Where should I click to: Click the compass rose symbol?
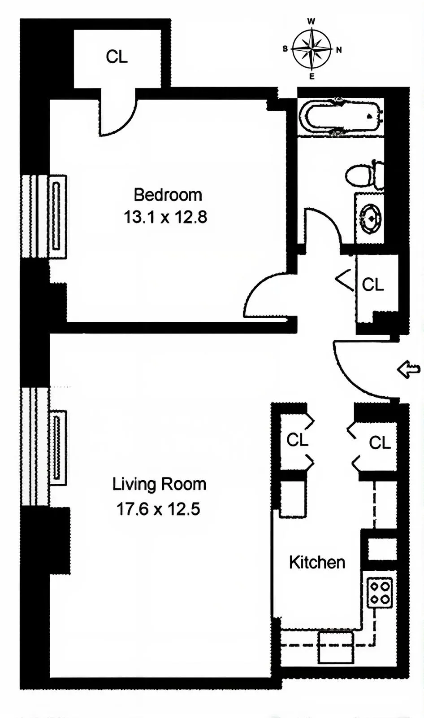[312, 49]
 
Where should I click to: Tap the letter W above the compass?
[311, 22]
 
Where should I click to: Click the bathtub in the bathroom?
[341, 117]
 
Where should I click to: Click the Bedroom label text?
[168, 195]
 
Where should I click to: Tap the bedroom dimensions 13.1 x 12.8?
[165, 217]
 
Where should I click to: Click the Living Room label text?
[159, 484]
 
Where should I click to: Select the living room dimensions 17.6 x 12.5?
[158, 509]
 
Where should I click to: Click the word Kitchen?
[317, 562]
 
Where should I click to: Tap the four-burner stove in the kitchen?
[380, 592]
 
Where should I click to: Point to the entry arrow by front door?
[409, 370]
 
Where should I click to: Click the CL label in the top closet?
[117, 57]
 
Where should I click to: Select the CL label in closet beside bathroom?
[372, 285]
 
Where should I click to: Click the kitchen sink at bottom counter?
[336, 647]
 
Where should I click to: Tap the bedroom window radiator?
[56, 216]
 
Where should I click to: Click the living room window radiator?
[57, 447]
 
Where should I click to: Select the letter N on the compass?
[339, 50]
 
